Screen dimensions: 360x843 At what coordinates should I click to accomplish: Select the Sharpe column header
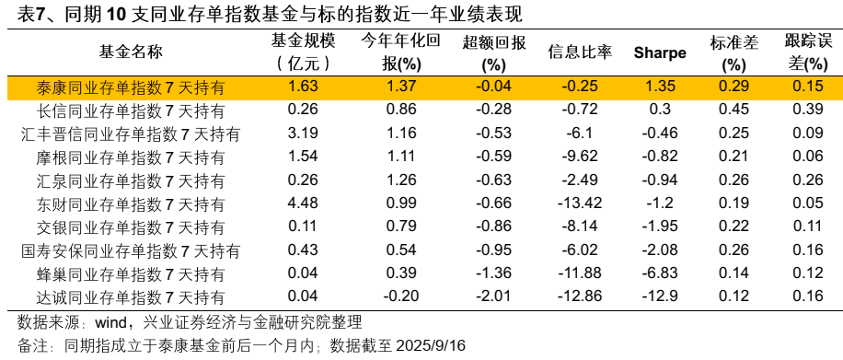[x=659, y=52]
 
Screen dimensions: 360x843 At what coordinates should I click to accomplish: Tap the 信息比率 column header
[x=580, y=52]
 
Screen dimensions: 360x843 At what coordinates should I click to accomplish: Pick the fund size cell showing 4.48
[x=303, y=203]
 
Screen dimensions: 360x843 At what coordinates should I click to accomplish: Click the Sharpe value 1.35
[x=659, y=87]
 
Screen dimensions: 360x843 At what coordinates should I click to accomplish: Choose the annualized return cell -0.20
[x=401, y=296]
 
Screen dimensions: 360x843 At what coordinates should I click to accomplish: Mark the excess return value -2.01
[x=494, y=296]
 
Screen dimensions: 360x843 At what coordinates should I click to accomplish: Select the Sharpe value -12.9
[x=659, y=296]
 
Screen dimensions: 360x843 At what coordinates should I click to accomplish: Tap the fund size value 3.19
[x=303, y=134]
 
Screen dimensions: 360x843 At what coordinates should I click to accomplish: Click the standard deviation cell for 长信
[x=733, y=110]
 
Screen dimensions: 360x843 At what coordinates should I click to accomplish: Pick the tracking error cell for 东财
[x=807, y=203]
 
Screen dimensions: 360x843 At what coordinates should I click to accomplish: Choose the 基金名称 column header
[x=130, y=52]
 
